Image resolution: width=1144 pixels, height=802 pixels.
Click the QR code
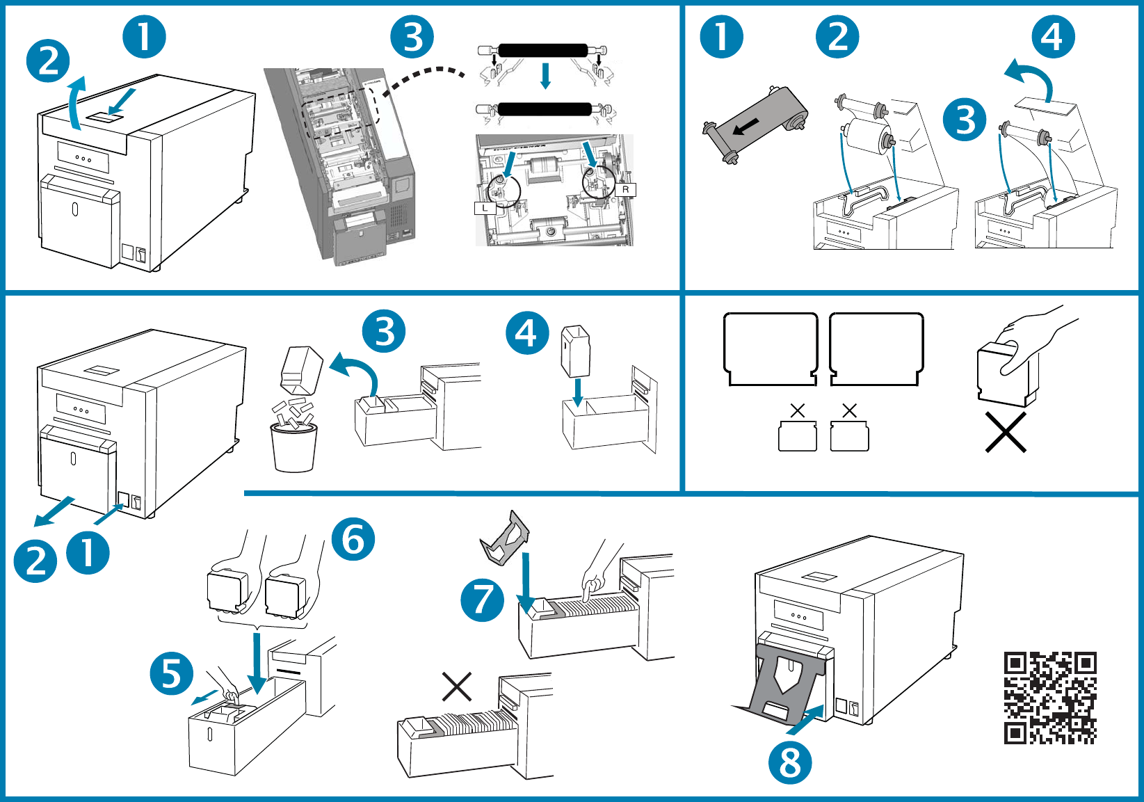click(x=1050, y=698)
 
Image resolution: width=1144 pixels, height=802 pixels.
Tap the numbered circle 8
click(x=789, y=762)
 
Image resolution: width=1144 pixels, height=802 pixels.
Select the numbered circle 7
click(x=483, y=600)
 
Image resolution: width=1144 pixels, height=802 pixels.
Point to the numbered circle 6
click(x=353, y=539)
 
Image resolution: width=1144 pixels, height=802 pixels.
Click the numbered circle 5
click(x=172, y=673)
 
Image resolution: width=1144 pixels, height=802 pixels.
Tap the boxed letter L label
click(x=485, y=208)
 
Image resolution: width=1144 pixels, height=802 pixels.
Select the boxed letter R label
click(x=625, y=189)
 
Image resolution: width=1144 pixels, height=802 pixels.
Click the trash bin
click(x=293, y=447)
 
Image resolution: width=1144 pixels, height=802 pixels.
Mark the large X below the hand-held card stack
click(x=1006, y=433)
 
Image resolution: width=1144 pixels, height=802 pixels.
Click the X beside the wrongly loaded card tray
click(x=457, y=687)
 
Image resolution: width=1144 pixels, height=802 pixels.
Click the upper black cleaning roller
click(x=542, y=50)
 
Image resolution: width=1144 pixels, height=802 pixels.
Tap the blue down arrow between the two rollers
click(x=545, y=75)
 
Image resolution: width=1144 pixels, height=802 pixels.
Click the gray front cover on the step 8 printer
click(x=789, y=678)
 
